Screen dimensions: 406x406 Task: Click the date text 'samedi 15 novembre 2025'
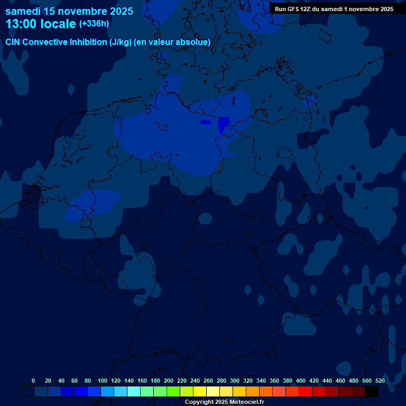tap(69, 11)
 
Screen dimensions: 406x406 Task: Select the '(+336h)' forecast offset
tap(94, 24)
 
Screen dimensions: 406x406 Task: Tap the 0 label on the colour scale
tap(33, 381)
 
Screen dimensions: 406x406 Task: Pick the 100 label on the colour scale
tap(103, 381)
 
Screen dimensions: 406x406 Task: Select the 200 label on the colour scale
tap(169, 381)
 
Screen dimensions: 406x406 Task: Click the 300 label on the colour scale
tap(235, 381)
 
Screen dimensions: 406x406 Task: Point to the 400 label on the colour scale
tap(301, 381)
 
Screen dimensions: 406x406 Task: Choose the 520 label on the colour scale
tap(380, 381)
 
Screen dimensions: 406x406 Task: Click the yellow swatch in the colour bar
tap(200, 392)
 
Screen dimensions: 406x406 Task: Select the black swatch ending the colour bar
tap(372, 392)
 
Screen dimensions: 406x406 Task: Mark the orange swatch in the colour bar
tap(253, 392)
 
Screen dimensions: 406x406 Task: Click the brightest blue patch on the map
tap(223, 125)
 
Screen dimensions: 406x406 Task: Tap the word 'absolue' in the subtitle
tap(195, 42)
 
